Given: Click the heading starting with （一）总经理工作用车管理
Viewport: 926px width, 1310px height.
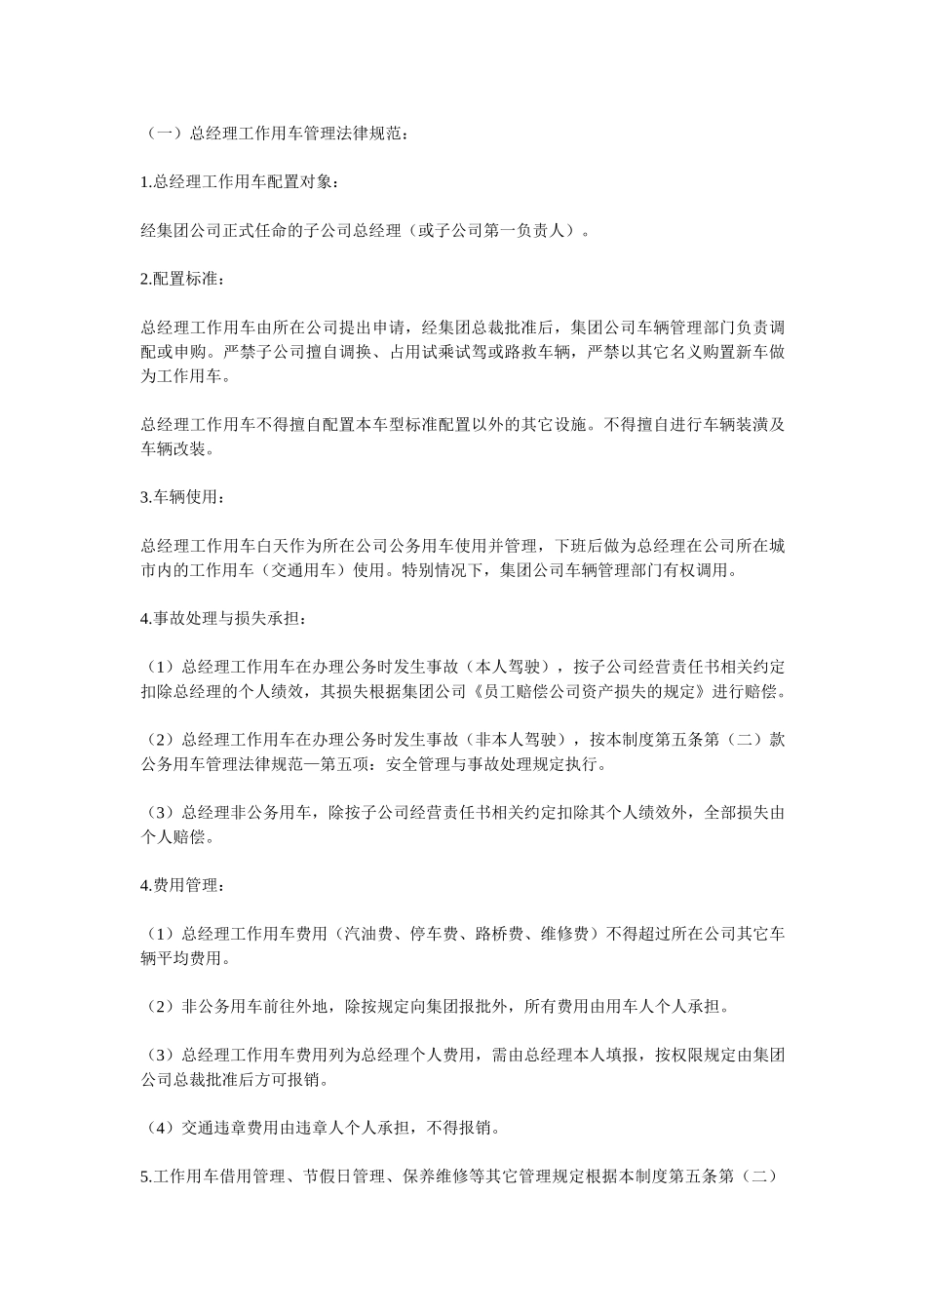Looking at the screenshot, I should tap(276, 135).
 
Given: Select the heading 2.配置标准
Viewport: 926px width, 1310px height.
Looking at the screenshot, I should tap(183, 280).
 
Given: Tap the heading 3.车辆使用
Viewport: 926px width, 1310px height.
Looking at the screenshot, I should tap(183, 497).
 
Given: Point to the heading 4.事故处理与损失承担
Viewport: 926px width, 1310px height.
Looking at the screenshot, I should tap(226, 618).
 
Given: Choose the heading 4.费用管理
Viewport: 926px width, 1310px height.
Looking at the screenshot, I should tap(183, 886).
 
